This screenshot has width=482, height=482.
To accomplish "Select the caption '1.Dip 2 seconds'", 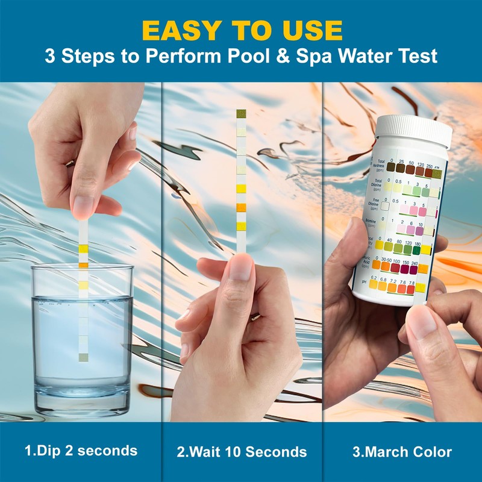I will (81, 451).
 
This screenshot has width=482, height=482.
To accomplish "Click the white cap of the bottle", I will (414, 130).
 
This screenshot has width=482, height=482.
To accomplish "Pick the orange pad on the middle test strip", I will (241, 208).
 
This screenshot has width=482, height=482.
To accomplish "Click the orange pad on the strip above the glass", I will (83, 264).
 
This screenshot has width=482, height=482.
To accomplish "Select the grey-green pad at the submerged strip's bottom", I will (83, 357).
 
